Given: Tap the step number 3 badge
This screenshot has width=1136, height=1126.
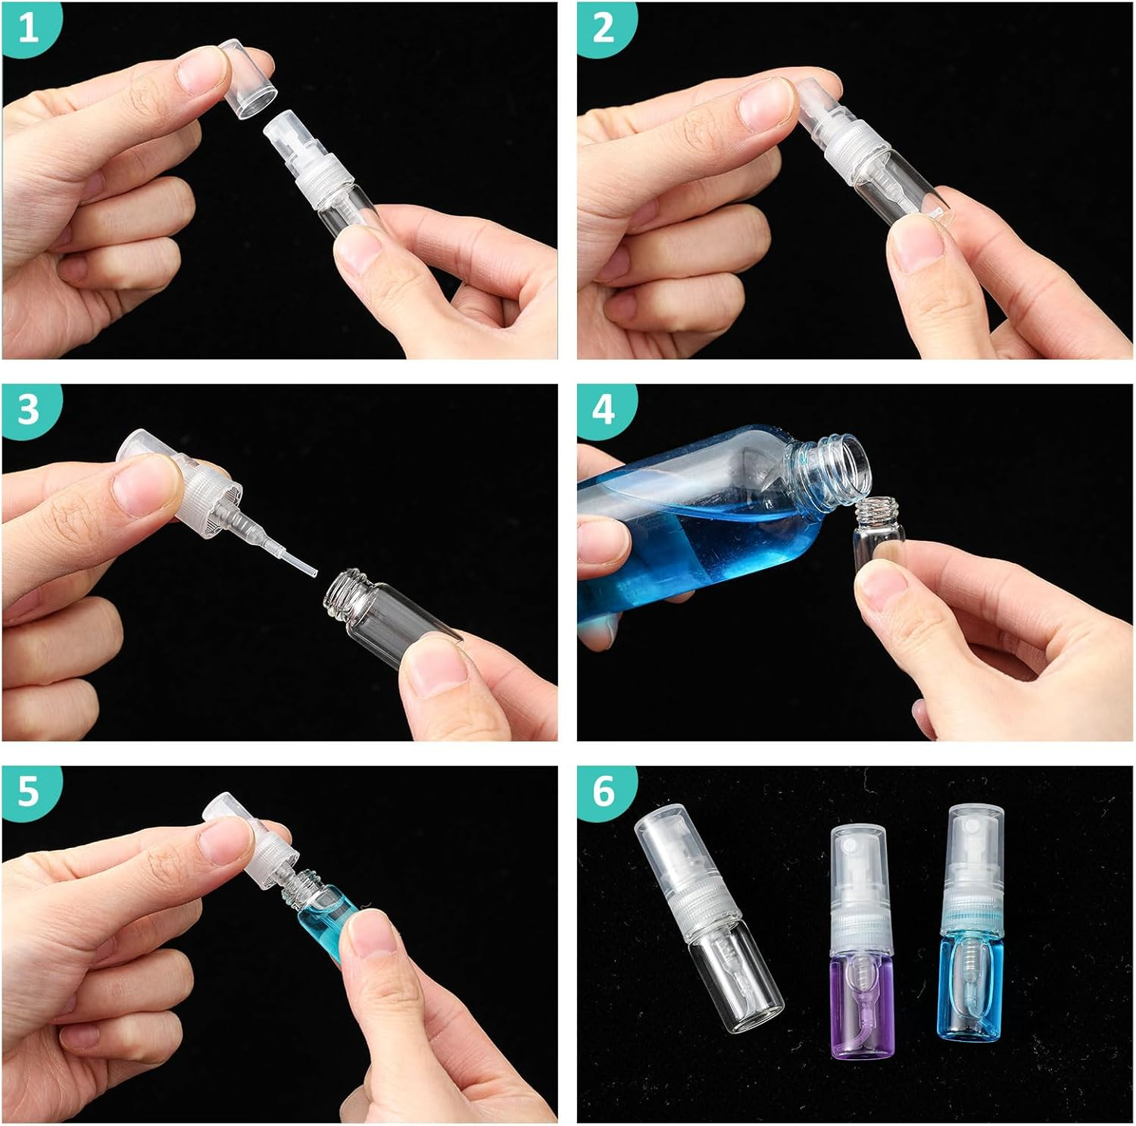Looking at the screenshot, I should click(x=28, y=410).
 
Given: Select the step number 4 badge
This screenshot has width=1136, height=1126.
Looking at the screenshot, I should click(x=604, y=410).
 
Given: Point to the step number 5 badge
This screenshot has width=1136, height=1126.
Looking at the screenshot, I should click(x=28, y=791).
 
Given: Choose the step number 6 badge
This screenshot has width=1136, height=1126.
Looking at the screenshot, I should click(x=604, y=791).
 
